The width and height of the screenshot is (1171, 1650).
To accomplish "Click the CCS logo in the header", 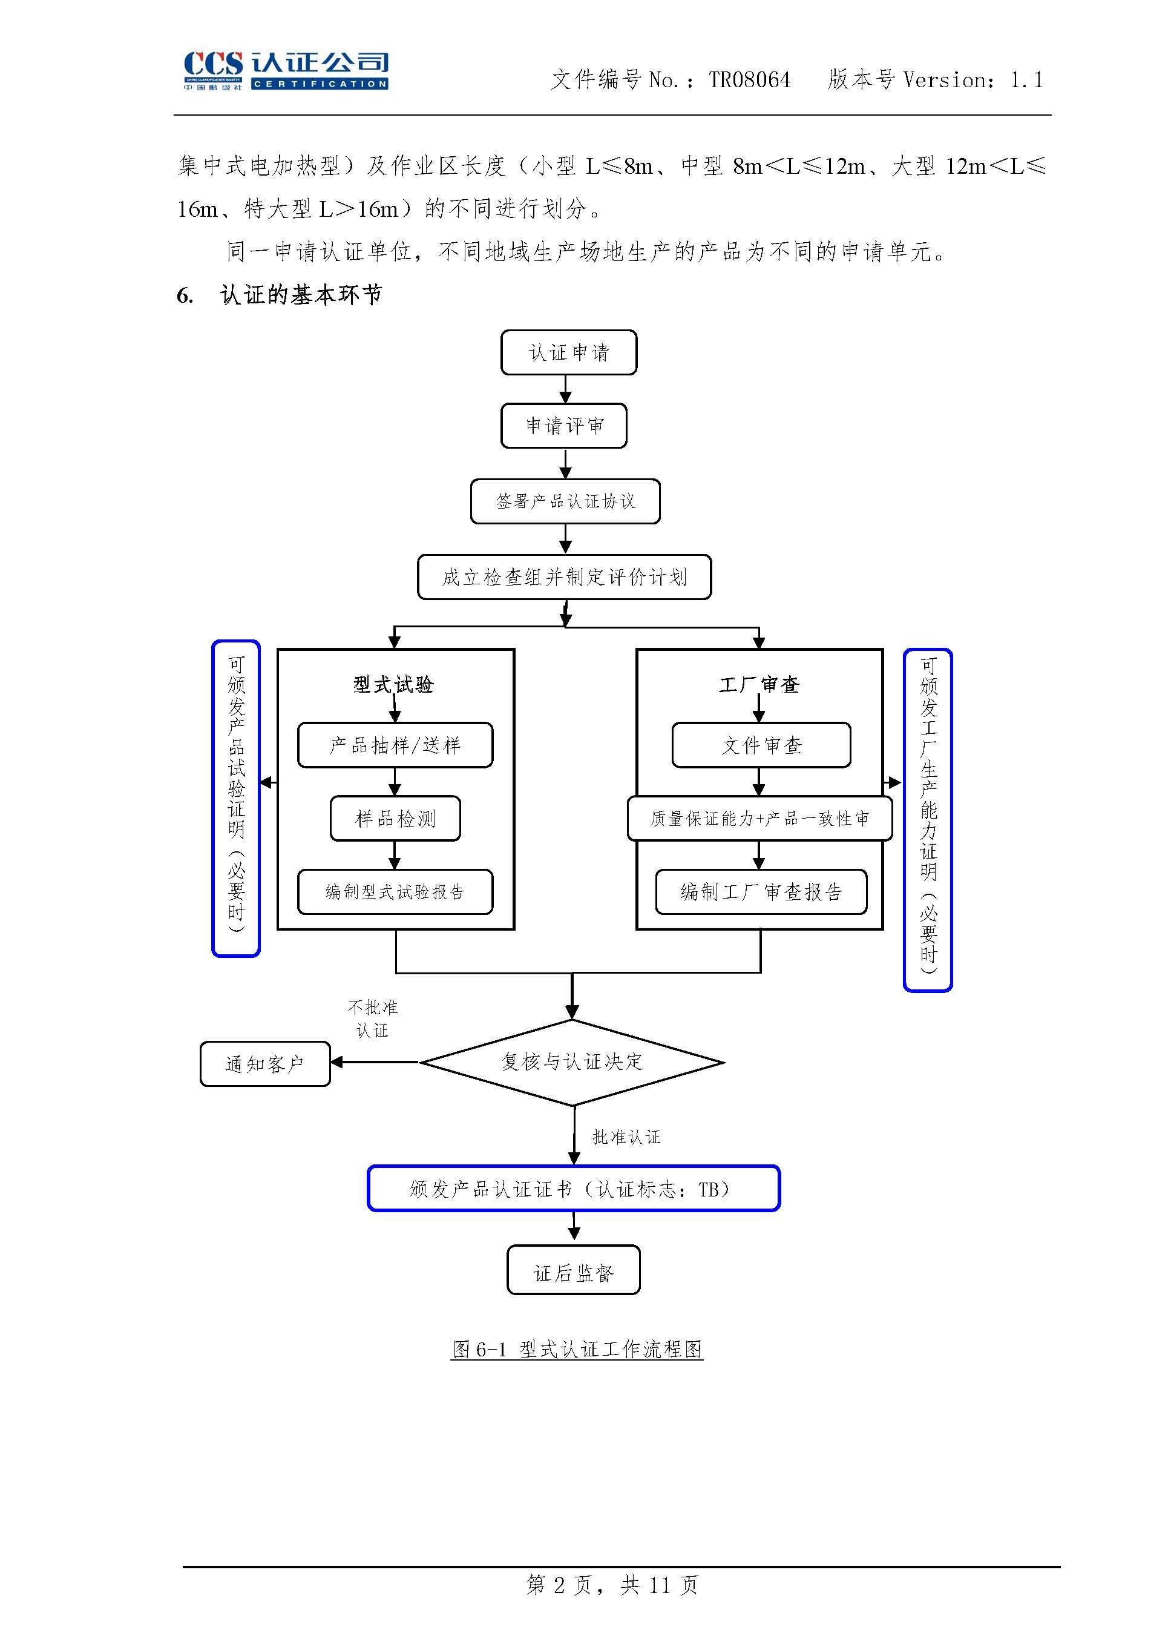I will [x=286, y=70].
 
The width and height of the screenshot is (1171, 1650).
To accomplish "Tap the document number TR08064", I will [x=749, y=79].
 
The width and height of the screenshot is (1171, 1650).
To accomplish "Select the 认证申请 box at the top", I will [x=568, y=353].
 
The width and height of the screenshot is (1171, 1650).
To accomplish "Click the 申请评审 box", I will [x=564, y=426].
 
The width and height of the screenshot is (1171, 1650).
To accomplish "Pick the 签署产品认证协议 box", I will [x=565, y=501].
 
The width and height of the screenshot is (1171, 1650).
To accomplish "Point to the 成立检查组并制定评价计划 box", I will [x=564, y=577].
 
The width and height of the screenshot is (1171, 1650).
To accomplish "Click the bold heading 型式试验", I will [x=394, y=684].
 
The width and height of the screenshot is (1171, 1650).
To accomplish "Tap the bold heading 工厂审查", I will [x=758, y=684].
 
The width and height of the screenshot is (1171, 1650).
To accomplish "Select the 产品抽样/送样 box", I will [x=395, y=745].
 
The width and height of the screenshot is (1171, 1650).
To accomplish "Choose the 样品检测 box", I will [x=395, y=819].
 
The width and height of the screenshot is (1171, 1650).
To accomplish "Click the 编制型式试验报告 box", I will [x=395, y=893].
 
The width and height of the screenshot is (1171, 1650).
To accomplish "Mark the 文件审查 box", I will [x=761, y=745].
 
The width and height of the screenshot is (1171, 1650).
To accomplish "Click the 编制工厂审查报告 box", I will [x=761, y=893].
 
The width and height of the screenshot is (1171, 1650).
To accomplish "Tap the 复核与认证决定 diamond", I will [x=572, y=1062].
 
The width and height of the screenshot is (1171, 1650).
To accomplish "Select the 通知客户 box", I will [x=264, y=1064].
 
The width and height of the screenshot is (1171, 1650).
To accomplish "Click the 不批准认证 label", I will [x=372, y=1018].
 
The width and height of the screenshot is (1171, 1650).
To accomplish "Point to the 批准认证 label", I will [x=626, y=1138].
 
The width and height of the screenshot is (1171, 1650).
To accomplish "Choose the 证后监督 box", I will [x=573, y=1273].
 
